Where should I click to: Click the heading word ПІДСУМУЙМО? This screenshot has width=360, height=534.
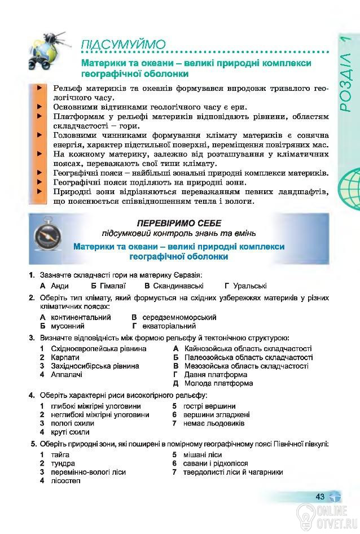click(123, 45)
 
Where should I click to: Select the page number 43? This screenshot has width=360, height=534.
click(320, 497)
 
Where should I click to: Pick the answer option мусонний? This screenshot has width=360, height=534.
click(67, 326)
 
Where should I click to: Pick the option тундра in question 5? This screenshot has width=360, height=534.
click(63, 463)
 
